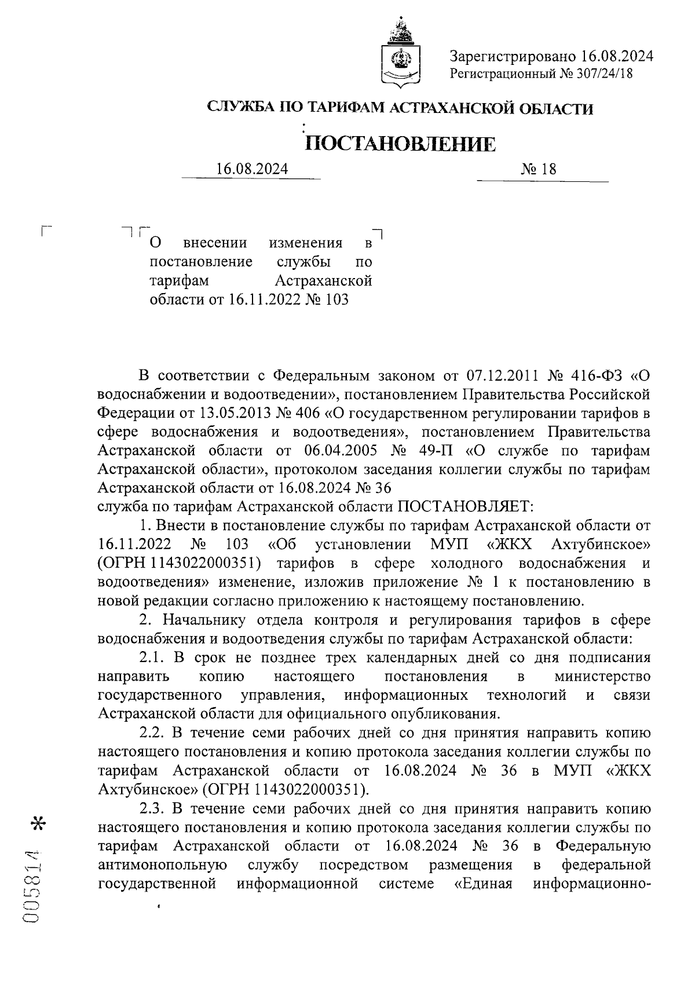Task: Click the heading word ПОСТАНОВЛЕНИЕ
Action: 400,144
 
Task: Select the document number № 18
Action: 539,169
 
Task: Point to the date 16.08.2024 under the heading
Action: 252,169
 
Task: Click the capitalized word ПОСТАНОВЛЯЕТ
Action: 463,507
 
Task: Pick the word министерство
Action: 602,676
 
